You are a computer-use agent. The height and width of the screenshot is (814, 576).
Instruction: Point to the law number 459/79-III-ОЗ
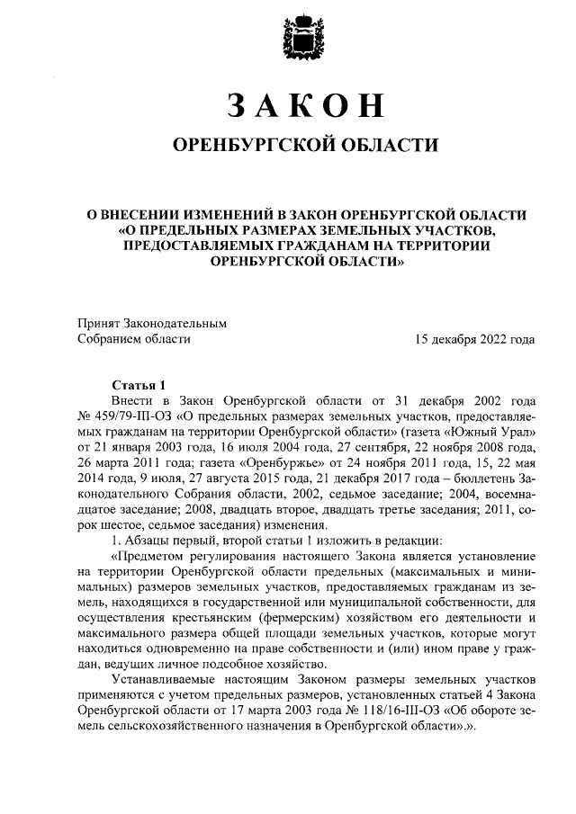coord(130,416)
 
